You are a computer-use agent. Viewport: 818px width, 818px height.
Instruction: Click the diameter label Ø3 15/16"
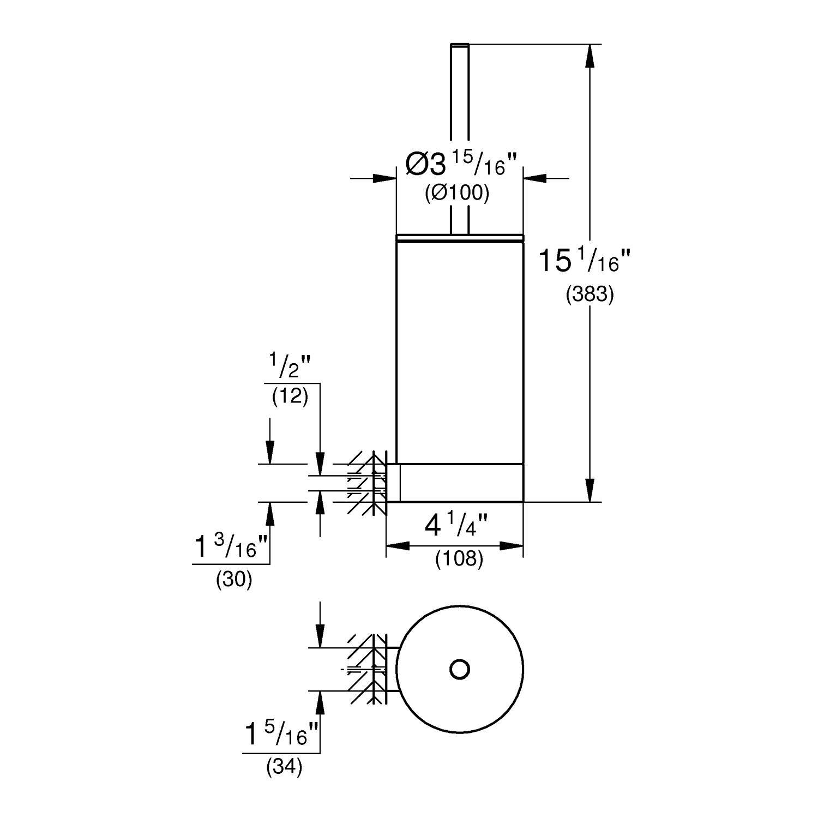[x=461, y=164]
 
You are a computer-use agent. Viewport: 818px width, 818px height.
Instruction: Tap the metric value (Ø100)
[x=457, y=193]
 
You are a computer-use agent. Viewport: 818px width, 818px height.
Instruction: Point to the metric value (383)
[x=590, y=294]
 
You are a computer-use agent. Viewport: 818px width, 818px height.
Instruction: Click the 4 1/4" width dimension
[x=455, y=527]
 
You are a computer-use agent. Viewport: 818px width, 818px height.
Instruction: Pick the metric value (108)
[x=459, y=558]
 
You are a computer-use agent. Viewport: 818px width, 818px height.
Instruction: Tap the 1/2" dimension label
[x=289, y=366]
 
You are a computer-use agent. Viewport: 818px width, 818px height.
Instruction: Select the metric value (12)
[x=290, y=396]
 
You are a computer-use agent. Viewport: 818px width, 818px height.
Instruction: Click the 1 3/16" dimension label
[x=232, y=547]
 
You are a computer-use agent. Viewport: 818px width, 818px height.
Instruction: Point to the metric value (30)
[x=234, y=580]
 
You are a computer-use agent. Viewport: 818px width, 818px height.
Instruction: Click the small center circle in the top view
[x=460, y=669]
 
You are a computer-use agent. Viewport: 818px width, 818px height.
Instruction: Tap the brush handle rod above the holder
[x=459, y=136]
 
